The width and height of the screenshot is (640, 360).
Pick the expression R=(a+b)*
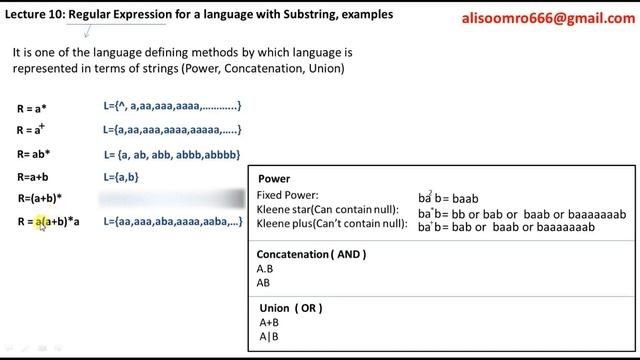click(40, 198)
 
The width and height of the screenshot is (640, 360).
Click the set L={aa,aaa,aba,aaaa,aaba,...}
click(172, 221)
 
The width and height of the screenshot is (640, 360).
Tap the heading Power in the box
click(275, 179)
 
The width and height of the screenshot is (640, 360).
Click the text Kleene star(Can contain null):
click(327, 209)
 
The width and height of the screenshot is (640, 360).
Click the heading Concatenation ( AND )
click(311, 254)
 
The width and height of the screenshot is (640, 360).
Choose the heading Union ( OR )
click(290, 308)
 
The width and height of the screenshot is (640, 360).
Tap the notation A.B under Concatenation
click(266, 269)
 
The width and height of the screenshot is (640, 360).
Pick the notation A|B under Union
click(267, 337)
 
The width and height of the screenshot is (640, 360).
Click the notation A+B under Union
click(268, 323)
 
